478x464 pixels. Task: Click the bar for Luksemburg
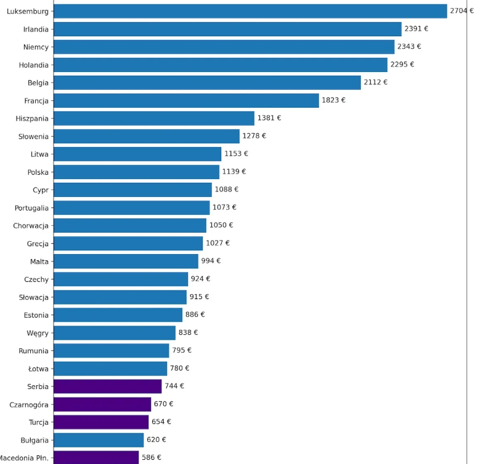click(250, 11)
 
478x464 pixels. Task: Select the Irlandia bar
click(227, 29)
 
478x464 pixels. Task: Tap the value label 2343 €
click(409, 47)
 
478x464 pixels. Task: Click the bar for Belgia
click(207, 82)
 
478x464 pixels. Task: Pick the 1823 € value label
click(333, 100)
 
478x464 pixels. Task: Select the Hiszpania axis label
click(32, 118)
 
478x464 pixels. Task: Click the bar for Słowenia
click(147, 136)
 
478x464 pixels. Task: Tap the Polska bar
click(136, 172)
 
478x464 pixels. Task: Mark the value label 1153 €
click(236, 154)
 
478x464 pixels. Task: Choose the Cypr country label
click(41, 190)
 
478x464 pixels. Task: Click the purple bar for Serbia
click(107, 386)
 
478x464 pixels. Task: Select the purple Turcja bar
click(101, 422)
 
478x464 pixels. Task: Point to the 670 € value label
click(163, 404)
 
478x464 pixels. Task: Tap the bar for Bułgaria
click(99, 440)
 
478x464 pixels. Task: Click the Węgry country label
click(36, 333)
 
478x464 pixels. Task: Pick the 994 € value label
click(211, 261)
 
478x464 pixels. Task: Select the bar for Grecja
click(128, 243)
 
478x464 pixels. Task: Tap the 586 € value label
click(151, 458)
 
